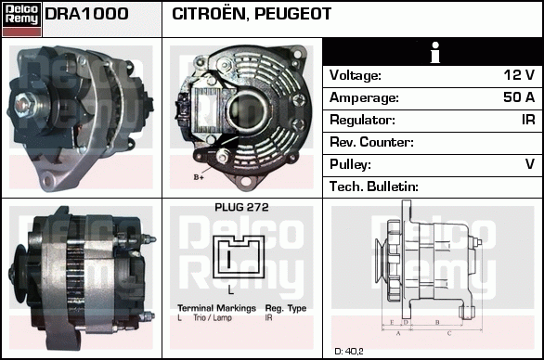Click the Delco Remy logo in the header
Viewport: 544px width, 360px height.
(x=21, y=19)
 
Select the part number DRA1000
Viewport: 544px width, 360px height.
(x=86, y=14)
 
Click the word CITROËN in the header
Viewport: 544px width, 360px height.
(x=209, y=13)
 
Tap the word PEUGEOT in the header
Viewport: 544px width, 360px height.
(x=292, y=14)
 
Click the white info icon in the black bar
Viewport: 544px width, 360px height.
(x=435, y=52)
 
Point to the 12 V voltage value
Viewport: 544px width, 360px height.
(x=519, y=75)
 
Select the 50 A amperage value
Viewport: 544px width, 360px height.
(x=519, y=97)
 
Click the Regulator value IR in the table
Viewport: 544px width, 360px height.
(x=528, y=120)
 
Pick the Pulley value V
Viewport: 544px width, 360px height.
(x=530, y=164)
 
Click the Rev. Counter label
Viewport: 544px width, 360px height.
(x=371, y=142)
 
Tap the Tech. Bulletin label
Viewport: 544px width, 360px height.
(x=374, y=186)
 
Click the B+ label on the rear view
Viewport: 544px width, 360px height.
(x=199, y=177)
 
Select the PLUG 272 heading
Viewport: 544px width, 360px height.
(x=241, y=208)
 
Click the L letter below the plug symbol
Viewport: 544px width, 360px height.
(x=231, y=290)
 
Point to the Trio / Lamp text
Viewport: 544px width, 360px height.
(x=213, y=317)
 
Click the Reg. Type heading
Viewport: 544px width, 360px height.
(x=286, y=308)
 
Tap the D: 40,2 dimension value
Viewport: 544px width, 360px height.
(x=349, y=352)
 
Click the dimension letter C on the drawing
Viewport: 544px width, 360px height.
(x=449, y=334)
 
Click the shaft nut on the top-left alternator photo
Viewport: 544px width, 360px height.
(x=23, y=104)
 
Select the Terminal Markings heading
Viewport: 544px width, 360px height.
(x=216, y=308)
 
